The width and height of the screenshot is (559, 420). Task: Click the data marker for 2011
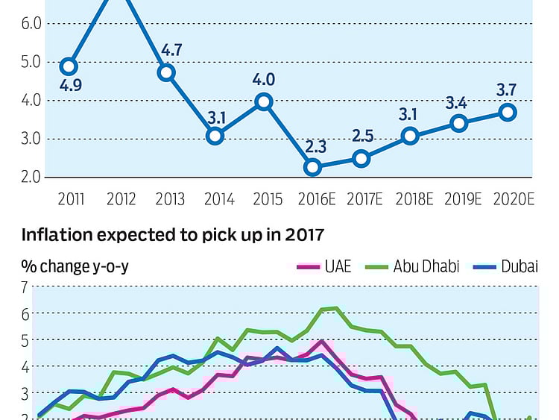[x=69, y=66]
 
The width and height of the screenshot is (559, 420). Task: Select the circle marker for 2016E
[x=313, y=167]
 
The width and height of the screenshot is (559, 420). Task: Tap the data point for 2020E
[x=508, y=112]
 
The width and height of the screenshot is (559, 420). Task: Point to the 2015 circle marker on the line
[x=264, y=101]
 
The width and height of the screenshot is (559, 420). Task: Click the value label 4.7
[x=171, y=51]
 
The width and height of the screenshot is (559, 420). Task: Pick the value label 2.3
[x=313, y=146]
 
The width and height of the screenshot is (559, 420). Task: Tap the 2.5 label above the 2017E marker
[x=361, y=137]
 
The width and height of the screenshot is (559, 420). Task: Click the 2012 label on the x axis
[x=121, y=199]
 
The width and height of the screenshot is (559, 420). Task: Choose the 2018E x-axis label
[x=410, y=199]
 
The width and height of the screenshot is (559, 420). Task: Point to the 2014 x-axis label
[x=219, y=199]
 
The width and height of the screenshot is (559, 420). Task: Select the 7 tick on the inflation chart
[x=24, y=287]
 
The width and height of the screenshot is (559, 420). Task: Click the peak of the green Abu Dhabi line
[x=335, y=307]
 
